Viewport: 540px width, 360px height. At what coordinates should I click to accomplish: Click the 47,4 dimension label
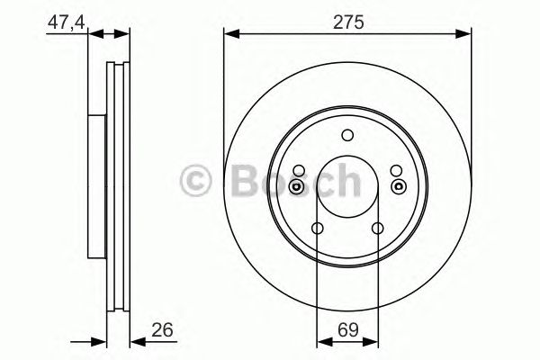click(x=62, y=21)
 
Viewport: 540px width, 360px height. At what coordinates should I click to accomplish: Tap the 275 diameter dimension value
click(x=347, y=21)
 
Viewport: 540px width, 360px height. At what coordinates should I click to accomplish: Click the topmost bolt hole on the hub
click(x=347, y=136)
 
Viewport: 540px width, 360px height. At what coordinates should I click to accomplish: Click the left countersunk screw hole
click(x=298, y=186)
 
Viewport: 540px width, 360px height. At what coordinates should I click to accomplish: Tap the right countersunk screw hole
click(x=397, y=186)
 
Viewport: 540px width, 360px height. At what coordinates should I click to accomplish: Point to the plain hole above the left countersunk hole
click(x=298, y=171)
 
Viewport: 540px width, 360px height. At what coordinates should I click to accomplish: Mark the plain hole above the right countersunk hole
click(x=397, y=171)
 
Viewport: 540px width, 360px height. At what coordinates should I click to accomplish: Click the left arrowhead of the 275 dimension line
click(x=229, y=34)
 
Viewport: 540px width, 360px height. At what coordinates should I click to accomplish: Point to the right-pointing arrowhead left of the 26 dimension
click(x=88, y=340)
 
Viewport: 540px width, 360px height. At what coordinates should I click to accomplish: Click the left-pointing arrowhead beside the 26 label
click(x=136, y=340)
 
